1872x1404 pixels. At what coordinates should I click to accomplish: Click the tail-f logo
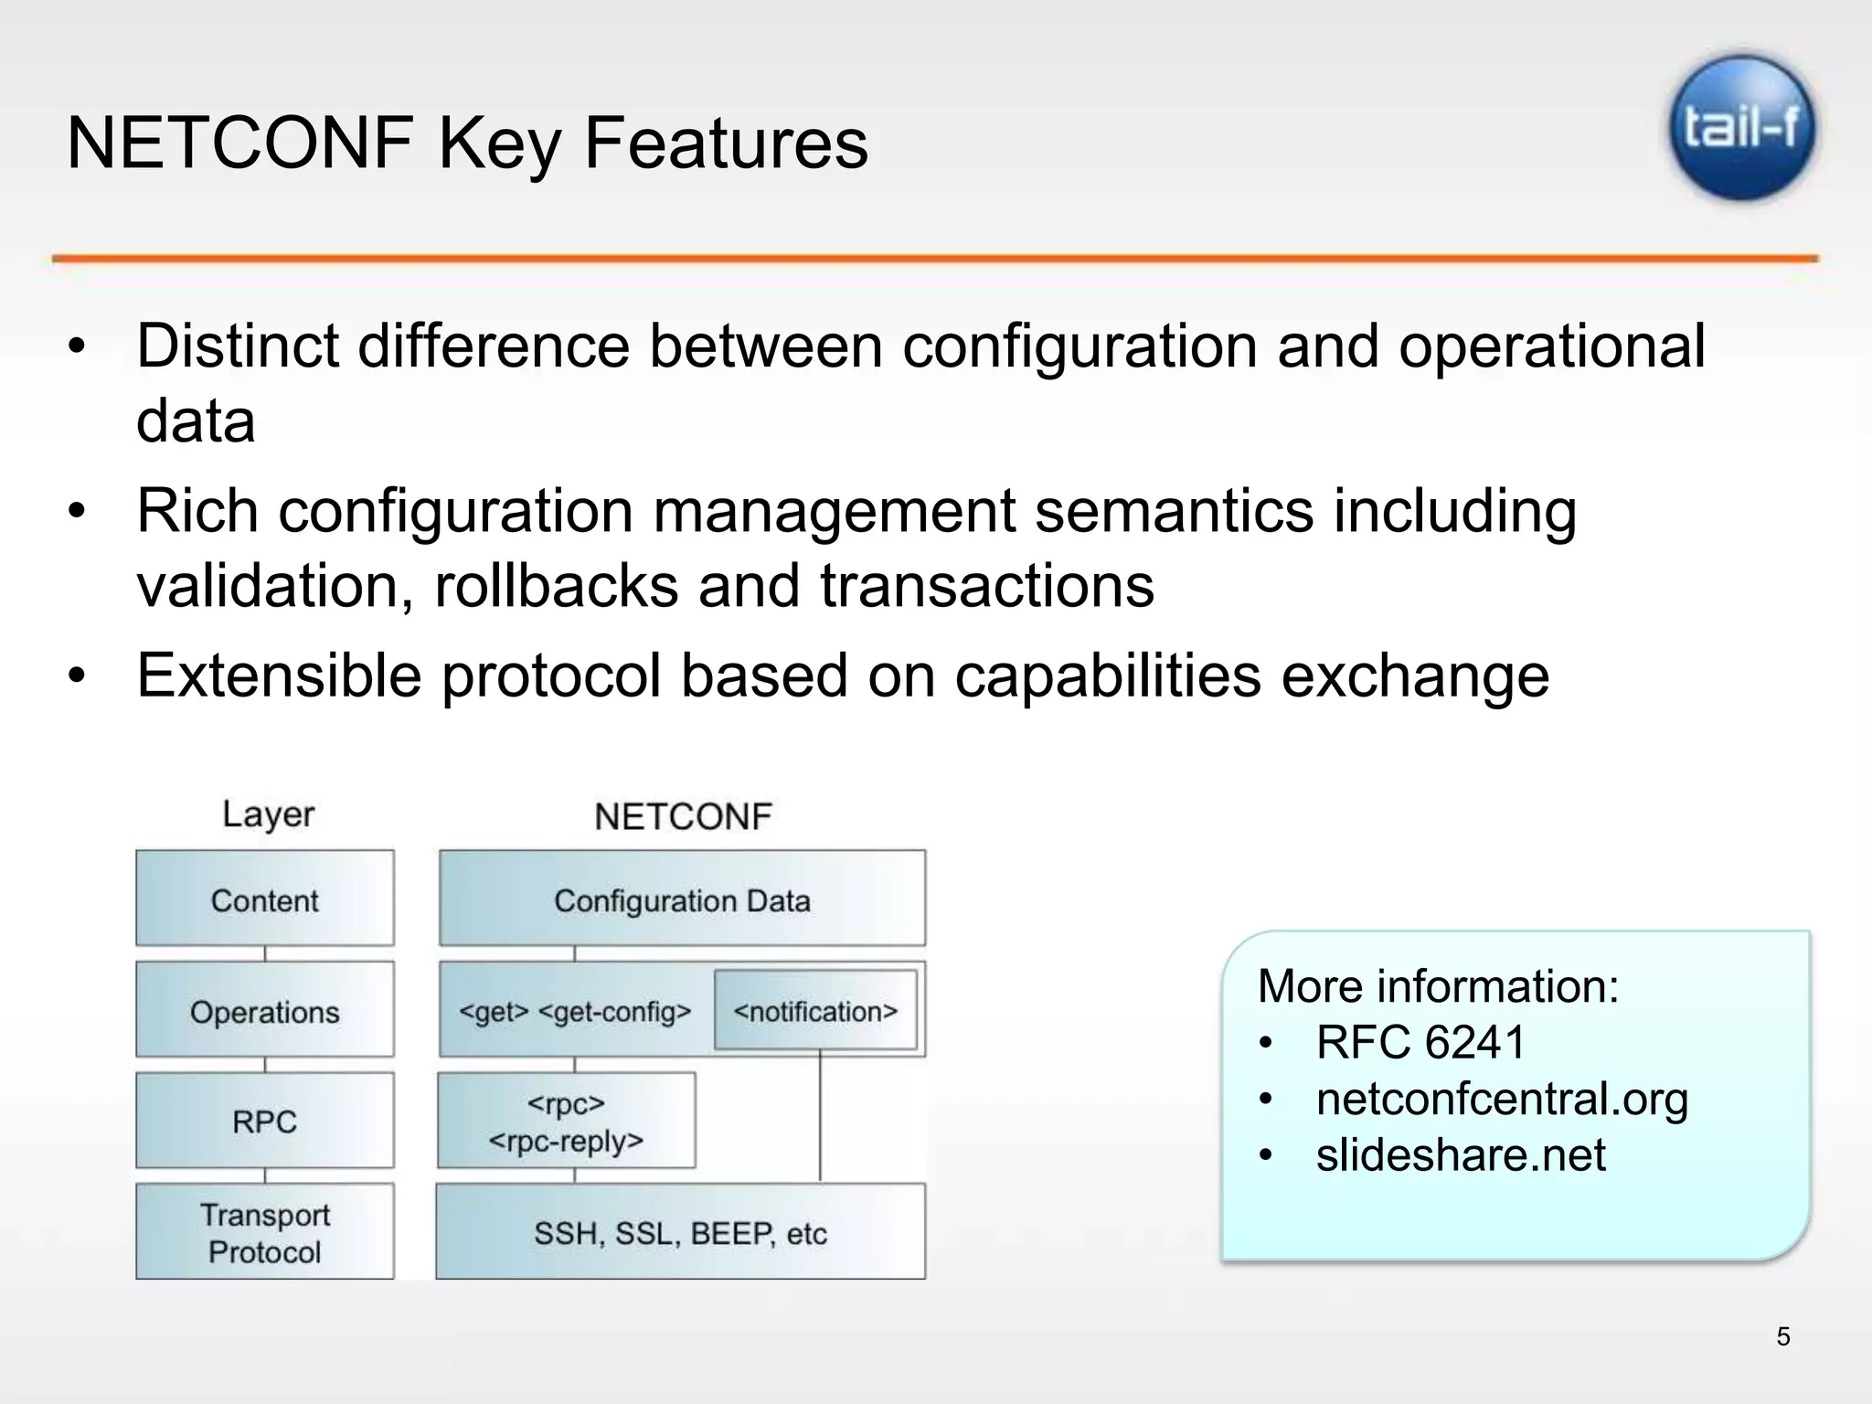(1742, 128)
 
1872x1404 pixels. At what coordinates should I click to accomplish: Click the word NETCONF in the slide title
(239, 144)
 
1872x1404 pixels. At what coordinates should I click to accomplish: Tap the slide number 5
(1782, 1336)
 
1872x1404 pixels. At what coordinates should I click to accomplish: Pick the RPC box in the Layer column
(264, 1122)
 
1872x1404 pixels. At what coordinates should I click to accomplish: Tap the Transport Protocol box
(264, 1232)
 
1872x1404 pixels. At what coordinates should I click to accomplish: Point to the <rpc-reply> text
(566, 1142)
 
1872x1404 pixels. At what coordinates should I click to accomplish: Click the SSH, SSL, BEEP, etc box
(680, 1233)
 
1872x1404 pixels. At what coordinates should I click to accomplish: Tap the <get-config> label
(614, 1012)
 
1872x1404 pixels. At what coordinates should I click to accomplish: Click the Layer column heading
(268, 814)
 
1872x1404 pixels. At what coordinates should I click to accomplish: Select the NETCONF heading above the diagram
(683, 816)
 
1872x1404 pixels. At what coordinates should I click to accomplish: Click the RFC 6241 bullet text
(1420, 1042)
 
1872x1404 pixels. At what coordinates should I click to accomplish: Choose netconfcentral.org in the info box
(1502, 1099)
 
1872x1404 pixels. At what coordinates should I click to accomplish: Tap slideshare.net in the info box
(1460, 1154)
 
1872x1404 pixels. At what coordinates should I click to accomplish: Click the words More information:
(1438, 986)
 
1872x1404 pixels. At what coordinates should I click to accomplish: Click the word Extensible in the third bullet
(280, 675)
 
